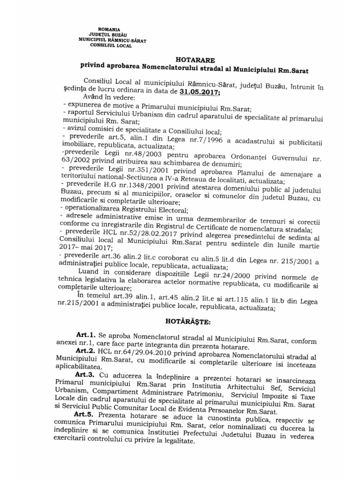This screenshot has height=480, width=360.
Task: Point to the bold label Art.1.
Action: tap(85, 336)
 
